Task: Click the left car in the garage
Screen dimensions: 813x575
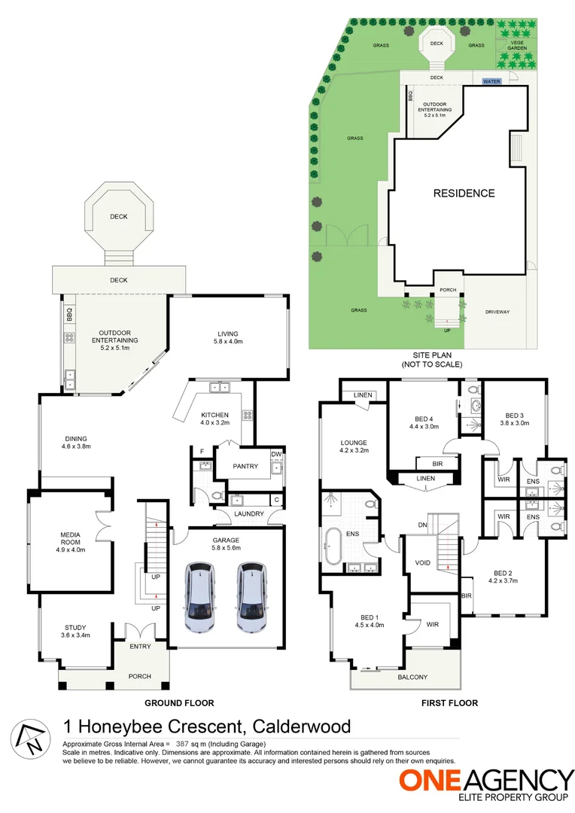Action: (201, 597)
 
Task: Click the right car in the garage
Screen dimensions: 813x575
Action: (251, 597)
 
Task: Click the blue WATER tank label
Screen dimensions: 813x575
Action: (491, 81)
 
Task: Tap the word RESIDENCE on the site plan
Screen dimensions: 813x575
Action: (464, 193)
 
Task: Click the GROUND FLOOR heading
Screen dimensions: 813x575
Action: (181, 703)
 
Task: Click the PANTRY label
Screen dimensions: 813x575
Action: (245, 467)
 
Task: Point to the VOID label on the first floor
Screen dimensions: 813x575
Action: (422, 562)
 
